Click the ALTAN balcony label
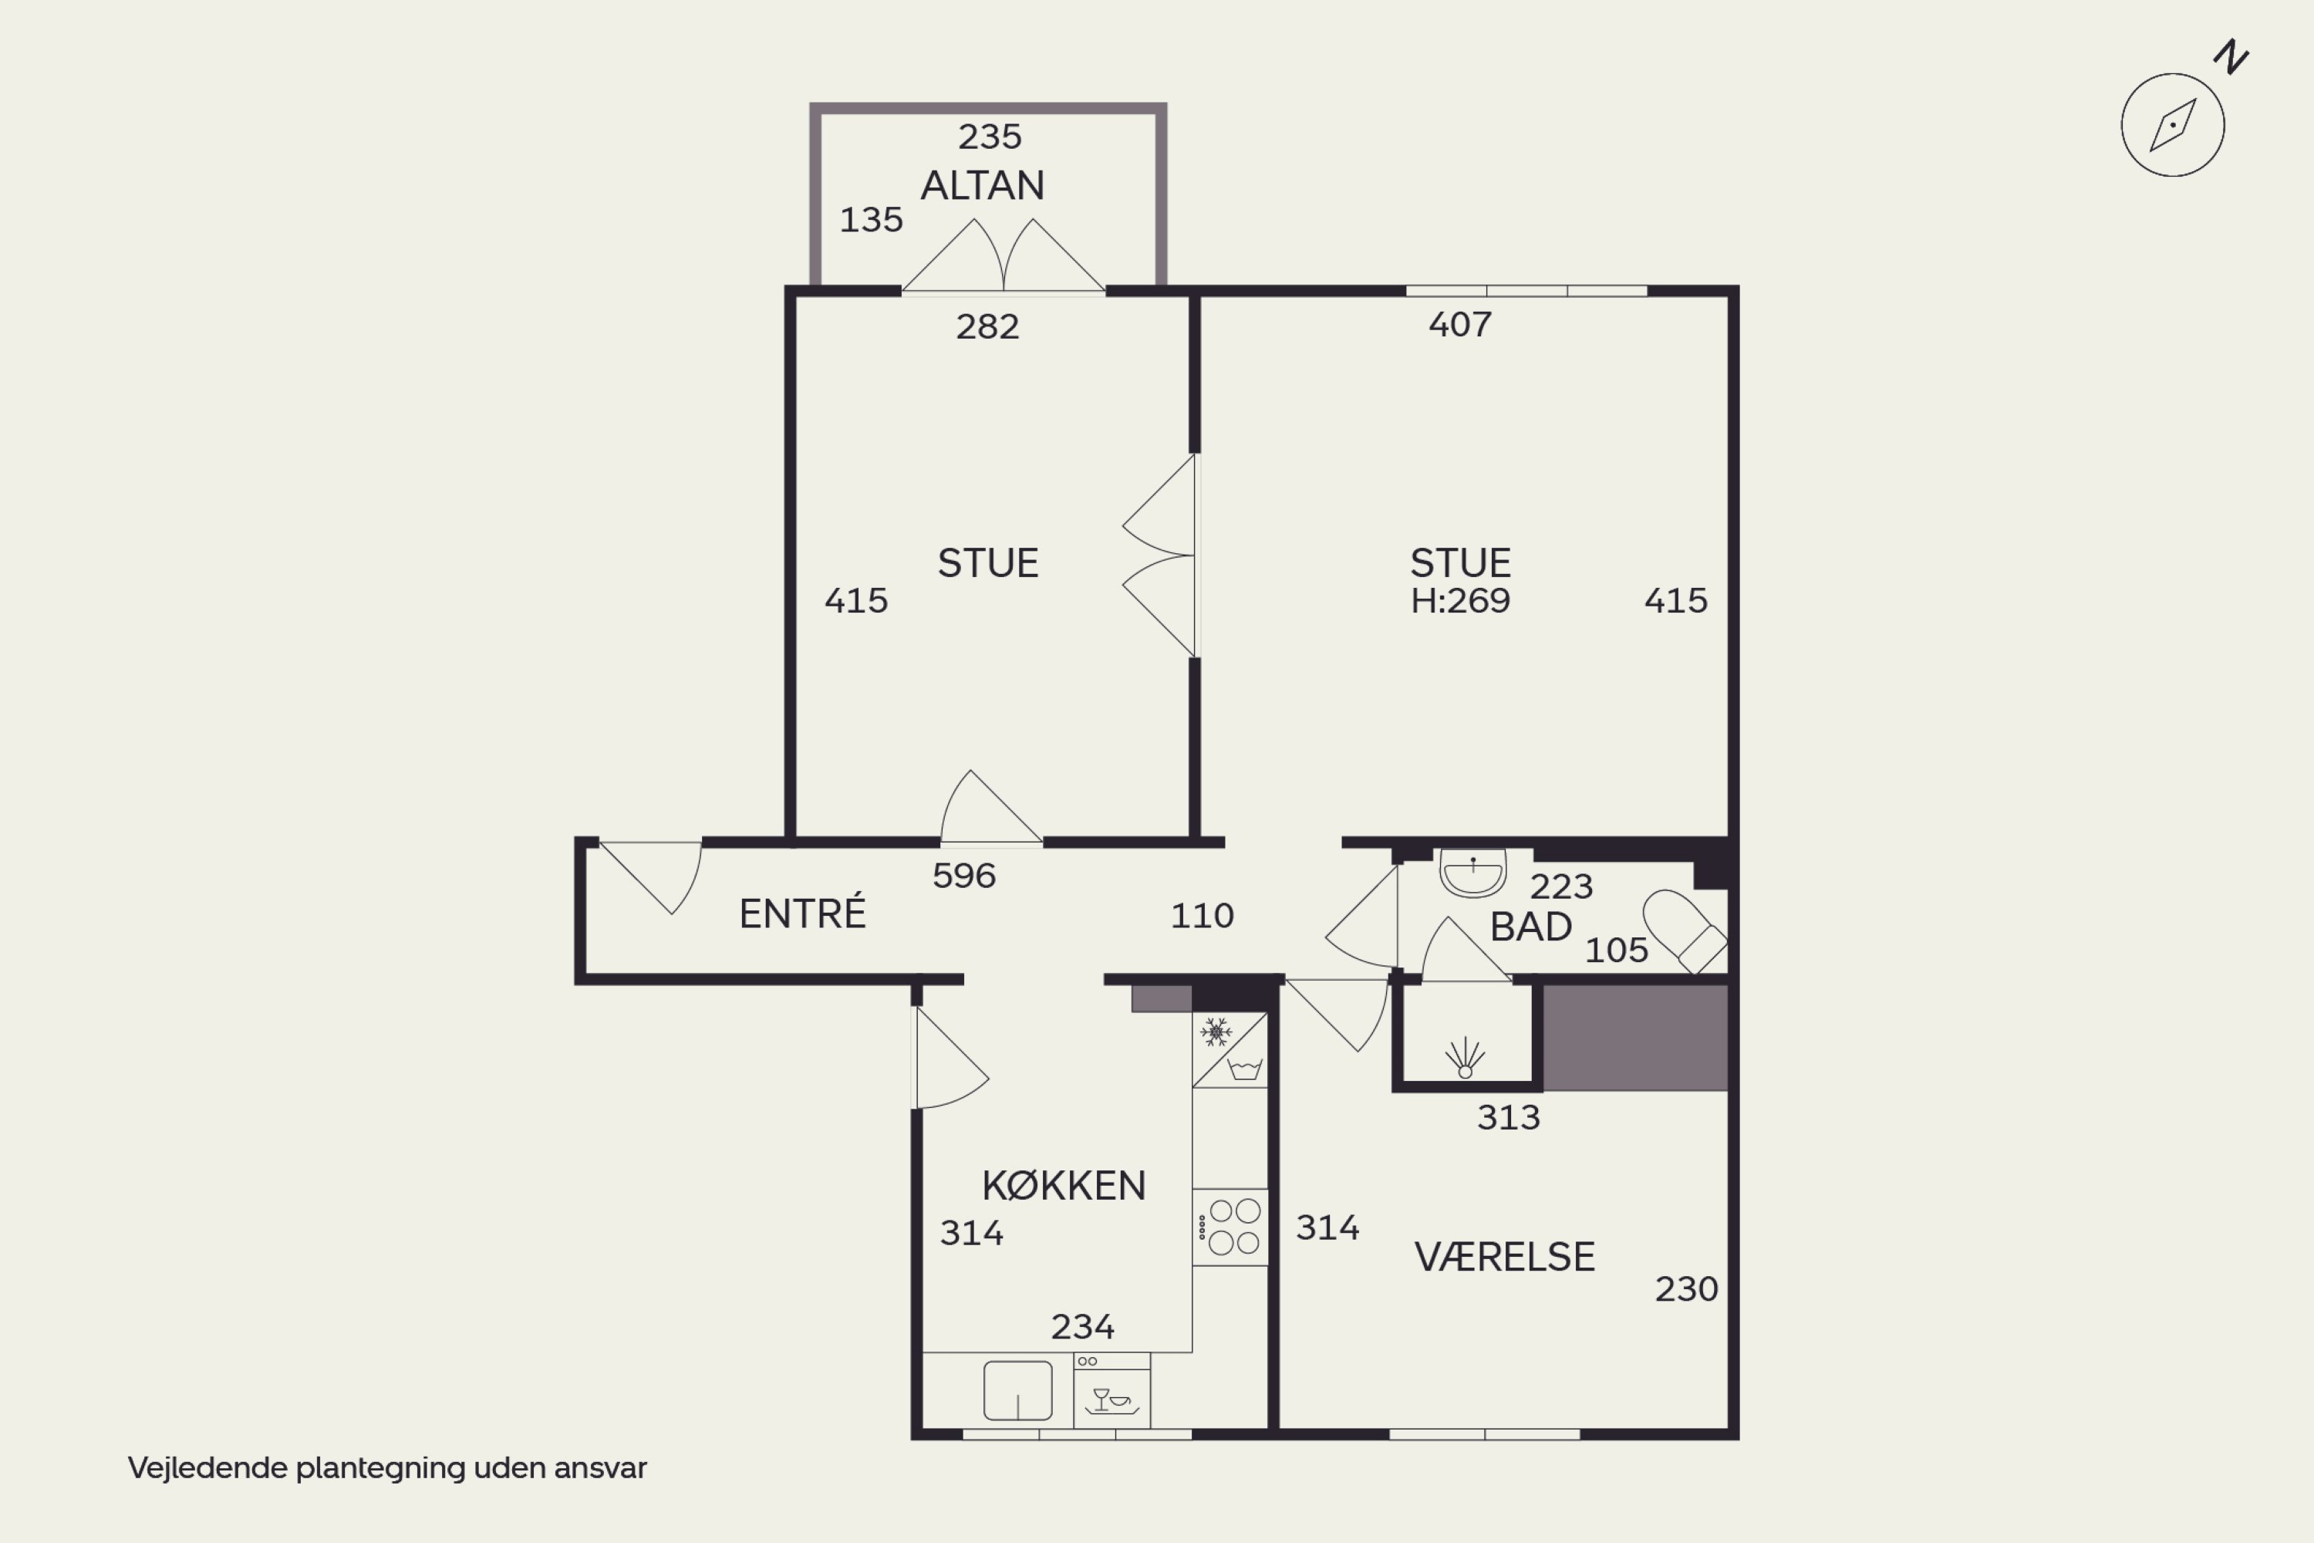[982, 185]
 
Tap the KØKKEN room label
[1064, 1186]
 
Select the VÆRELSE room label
[1504, 1257]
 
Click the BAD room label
[1531, 927]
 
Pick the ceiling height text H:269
[1460, 600]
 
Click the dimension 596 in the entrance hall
[964, 876]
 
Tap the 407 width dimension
[1460, 324]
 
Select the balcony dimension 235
[990, 136]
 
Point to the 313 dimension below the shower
[1508, 1117]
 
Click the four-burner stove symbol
[1230, 1227]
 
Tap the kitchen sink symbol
[1018, 1390]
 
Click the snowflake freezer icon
[1216, 1032]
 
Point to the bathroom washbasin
[1472, 873]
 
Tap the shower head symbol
[1465, 1058]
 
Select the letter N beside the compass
[2231, 57]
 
